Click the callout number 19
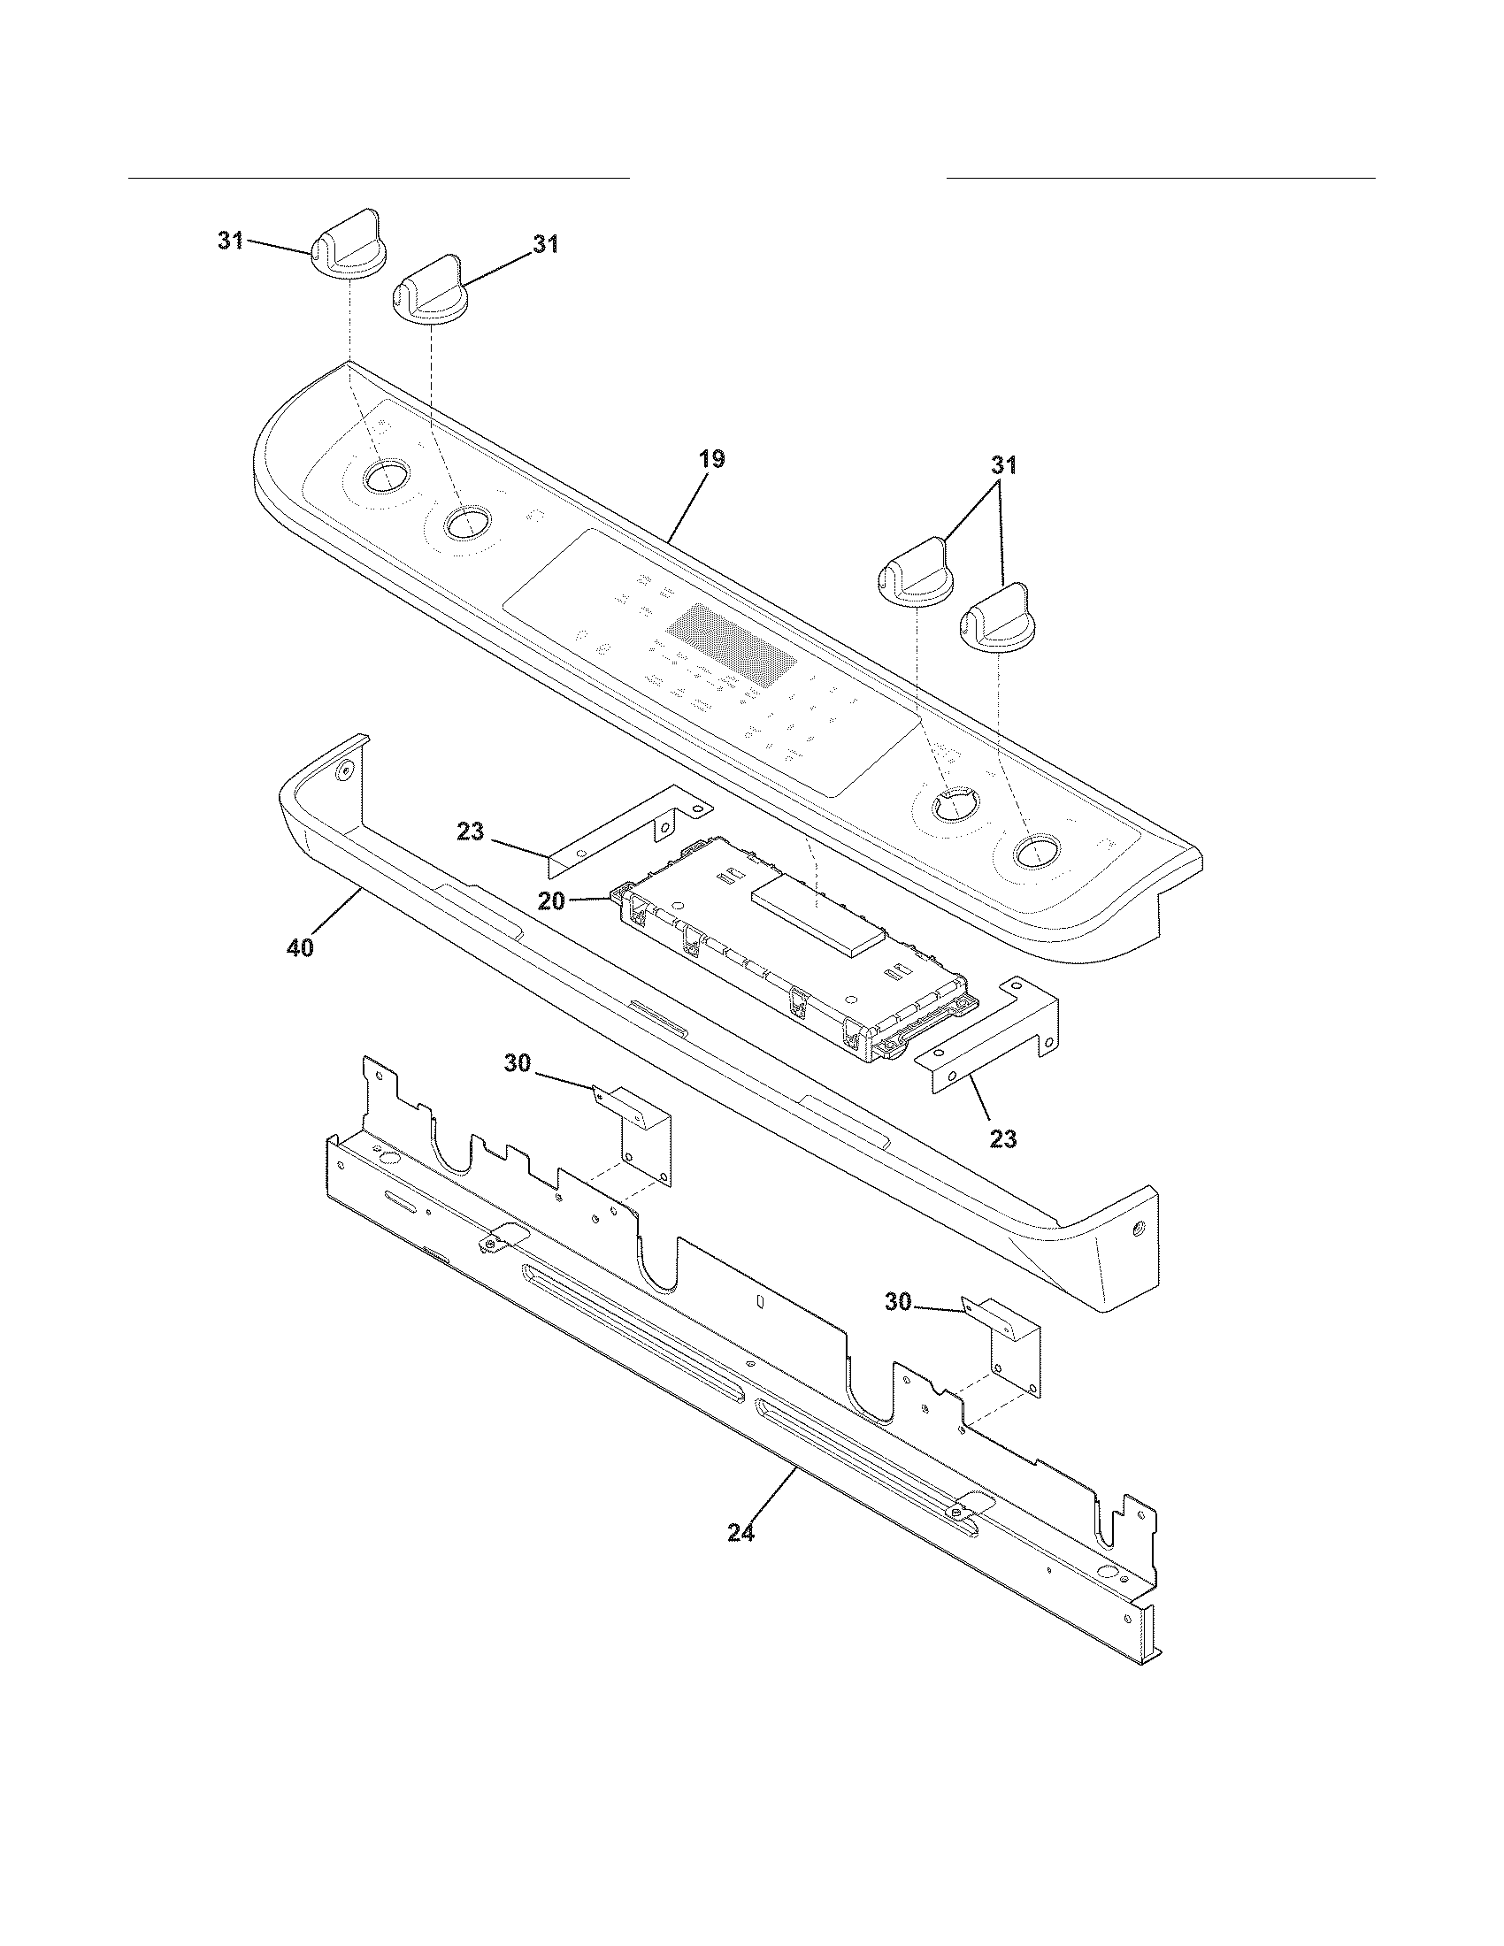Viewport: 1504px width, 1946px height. click(x=711, y=460)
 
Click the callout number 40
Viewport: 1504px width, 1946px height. click(x=300, y=949)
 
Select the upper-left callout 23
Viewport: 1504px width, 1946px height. click(x=470, y=832)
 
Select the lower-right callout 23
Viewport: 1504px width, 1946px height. click(x=1002, y=1138)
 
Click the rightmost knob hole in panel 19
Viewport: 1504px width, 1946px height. click(x=1032, y=852)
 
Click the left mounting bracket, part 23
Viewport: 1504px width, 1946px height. click(x=624, y=824)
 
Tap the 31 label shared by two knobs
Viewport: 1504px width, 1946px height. click(x=1003, y=465)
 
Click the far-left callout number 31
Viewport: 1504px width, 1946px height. click(x=231, y=241)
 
